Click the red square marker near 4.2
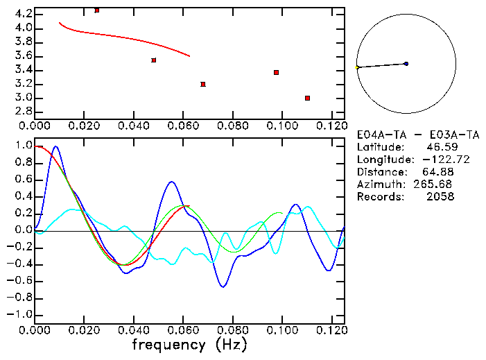(96, 10)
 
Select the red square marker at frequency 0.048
(153, 60)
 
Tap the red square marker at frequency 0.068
(202, 84)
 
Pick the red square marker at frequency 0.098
(276, 72)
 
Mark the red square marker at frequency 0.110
(307, 98)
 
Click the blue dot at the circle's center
(406, 64)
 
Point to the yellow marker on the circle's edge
(357, 67)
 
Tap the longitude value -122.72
(434, 160)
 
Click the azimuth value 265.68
(434, 185)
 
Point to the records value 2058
(440, 197)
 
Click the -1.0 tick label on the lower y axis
(20, 314)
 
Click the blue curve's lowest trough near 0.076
(223, 286)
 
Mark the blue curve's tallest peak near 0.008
(55, 146)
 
